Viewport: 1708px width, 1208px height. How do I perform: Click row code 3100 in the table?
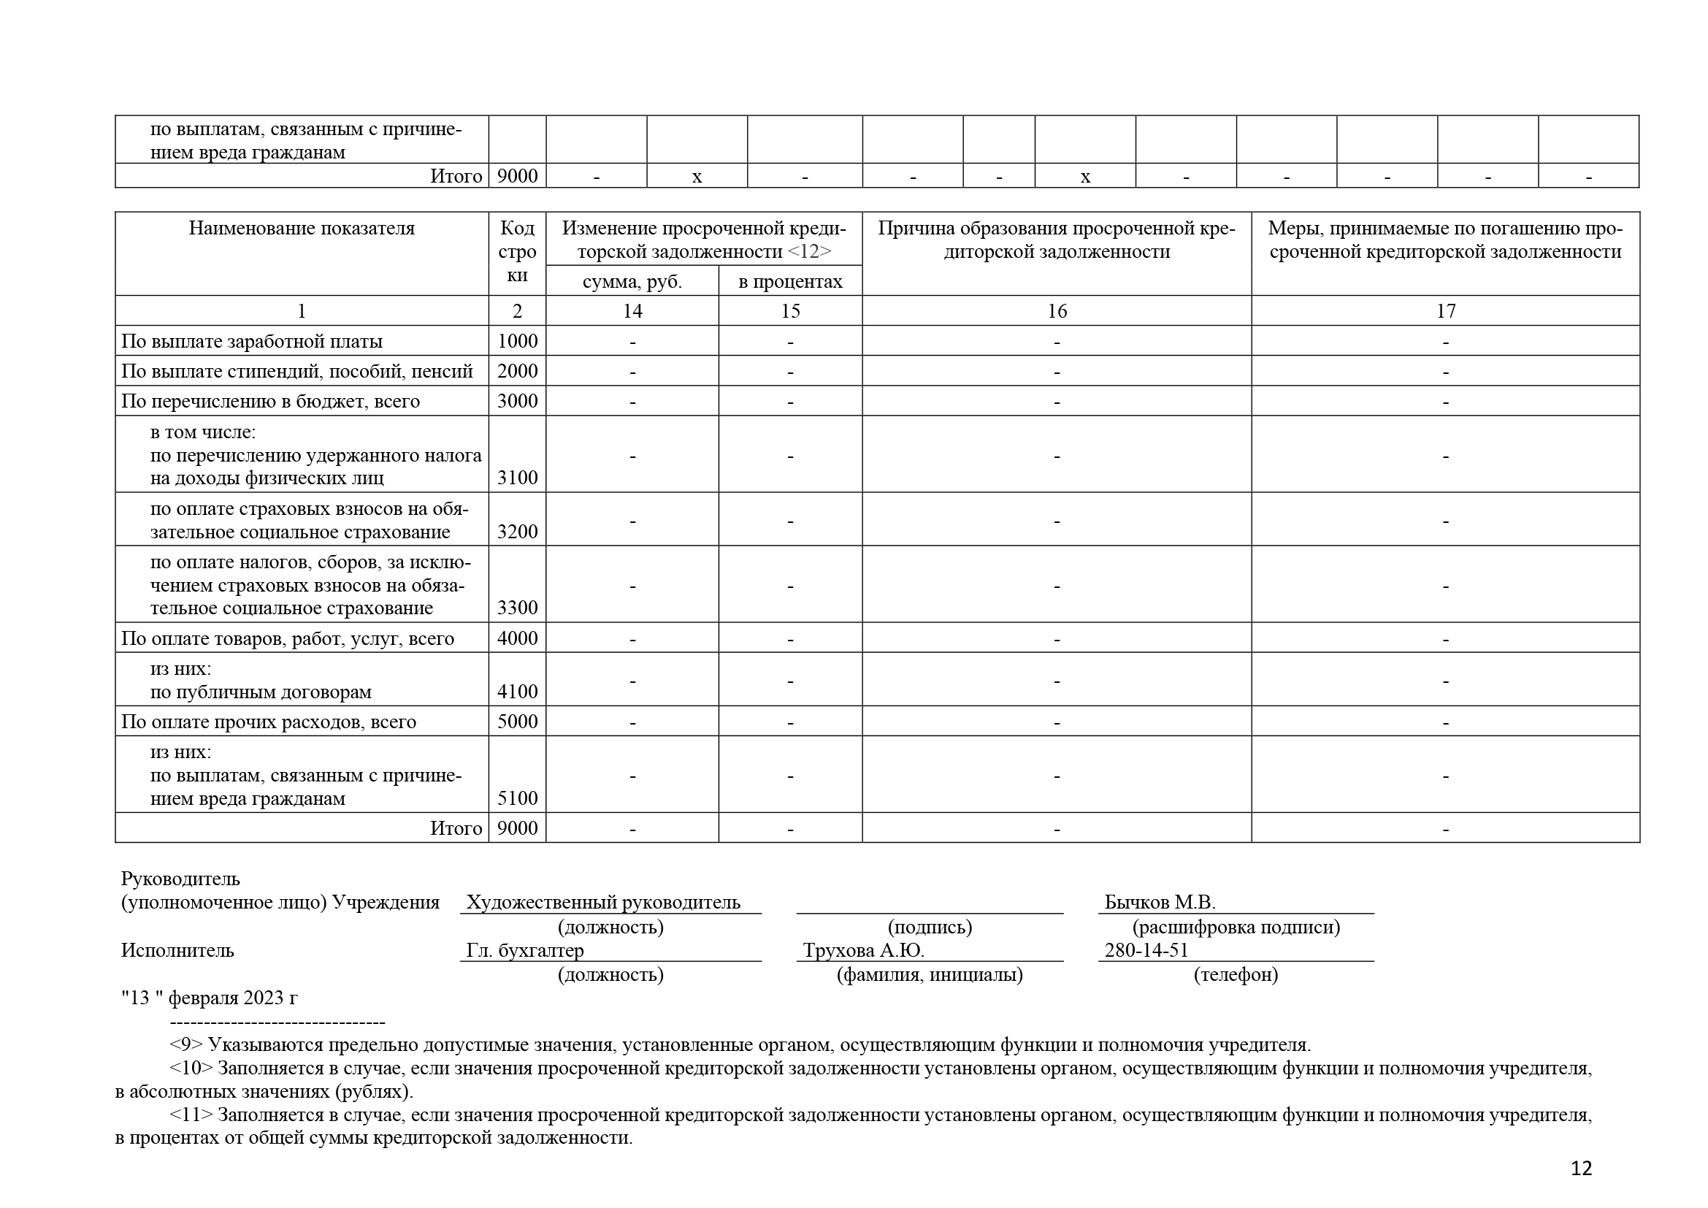(x=517, y=478)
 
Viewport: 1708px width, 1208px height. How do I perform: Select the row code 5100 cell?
(x=517, y=798)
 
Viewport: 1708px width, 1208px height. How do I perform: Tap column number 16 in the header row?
(x=1057, y=311)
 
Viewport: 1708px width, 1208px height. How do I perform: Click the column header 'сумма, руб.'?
(x=632, y=282)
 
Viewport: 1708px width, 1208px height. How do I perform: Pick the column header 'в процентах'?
(x=790, y=282)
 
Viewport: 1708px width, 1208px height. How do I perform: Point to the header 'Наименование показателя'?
(x=302, y=229)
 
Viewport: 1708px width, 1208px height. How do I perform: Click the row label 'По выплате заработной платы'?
(x=252, y=341)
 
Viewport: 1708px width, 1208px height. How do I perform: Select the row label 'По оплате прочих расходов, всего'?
(x=269, y=722)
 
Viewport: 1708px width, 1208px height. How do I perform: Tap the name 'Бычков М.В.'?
(x=1160, y=902)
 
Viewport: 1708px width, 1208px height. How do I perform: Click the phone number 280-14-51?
(x=1146, y=950)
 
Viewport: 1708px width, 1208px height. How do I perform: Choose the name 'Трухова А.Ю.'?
(x=864, y=950)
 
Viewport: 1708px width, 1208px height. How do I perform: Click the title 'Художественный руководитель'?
(x=603, y=902)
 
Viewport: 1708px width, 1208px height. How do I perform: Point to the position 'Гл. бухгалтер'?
(x=525, y=950)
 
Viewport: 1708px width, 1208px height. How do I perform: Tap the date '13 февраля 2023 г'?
(x=210, y=998)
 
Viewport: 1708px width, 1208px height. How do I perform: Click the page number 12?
(x=1581, y=1169)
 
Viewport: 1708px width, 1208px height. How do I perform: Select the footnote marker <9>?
(x=186, y=1045)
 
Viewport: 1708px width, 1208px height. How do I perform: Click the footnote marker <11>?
(x=191, y=1115)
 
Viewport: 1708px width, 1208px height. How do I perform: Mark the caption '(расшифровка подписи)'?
(x=1236, y=927)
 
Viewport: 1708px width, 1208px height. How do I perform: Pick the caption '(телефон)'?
(x=1236, y=974)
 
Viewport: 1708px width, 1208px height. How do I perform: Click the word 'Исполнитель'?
(x=177, y=950)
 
